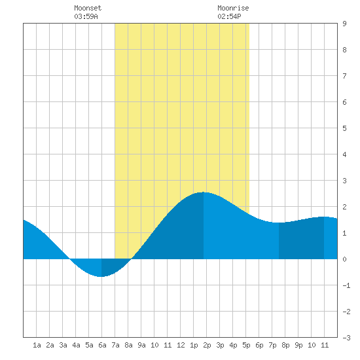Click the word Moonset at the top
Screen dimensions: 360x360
pos(88,8)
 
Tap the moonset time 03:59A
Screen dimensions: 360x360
pos(86,16)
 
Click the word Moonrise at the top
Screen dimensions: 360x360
pos(233,8)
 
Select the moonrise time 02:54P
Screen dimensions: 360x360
pos(229,16)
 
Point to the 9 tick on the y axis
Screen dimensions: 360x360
pos(344,24)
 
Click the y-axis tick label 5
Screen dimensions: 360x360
pos(344,128)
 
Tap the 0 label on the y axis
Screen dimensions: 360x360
pos(344,259)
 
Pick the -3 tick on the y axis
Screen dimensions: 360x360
pos(346,338)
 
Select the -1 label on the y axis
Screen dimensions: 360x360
pos(346,285)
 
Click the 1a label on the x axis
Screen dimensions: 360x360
pos(37,345)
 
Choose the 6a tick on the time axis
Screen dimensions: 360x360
pos(102,345)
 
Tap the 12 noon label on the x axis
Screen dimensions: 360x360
pos(181,345)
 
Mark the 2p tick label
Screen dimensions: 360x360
pos(207,345)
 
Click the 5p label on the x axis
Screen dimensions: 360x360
pos(246,345)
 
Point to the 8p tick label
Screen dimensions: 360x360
pos(285,345)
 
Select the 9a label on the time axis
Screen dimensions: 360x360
pos(141,345)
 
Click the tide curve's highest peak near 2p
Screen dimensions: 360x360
pos(203,192)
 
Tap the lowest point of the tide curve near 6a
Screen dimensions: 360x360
pos(101,277)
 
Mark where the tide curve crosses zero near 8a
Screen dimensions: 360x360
pos(131,259)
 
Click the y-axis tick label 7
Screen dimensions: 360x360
pos(344,76)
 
